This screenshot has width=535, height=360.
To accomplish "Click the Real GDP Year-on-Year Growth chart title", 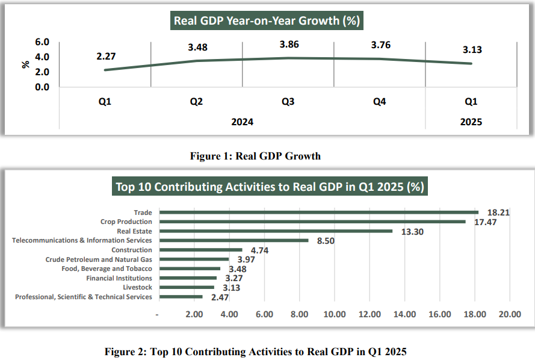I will click(x=267, y=21).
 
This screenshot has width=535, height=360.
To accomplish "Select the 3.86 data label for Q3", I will click(x=289, y=45).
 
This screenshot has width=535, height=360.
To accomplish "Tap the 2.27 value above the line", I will click(x=105, y=57).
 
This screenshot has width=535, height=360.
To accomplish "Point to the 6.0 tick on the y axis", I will click(x=42, y=42).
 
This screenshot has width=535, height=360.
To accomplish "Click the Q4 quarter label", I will click(x=379, y=102).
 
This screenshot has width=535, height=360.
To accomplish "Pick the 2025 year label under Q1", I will click(x=471, y=122).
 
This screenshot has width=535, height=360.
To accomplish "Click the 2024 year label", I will click(x=243, y=122).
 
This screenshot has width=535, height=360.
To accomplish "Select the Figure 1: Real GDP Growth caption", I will click(x=255, y=156).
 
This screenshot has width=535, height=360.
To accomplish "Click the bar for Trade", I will click(x=318, y=212).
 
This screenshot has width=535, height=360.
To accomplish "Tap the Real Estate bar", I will click(x=276, y=231).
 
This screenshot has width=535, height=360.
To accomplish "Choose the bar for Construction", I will click(x=200, y=250).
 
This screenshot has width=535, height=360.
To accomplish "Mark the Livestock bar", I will click(x=187, y=287).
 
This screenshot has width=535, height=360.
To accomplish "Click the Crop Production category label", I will click(x=126, y=222).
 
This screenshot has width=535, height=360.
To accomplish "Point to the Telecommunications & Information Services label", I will click(x=82, y=240).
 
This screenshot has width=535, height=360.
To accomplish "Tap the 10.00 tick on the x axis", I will click(x=334, y=314).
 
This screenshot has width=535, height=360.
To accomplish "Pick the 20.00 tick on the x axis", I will click(x=509, y=314).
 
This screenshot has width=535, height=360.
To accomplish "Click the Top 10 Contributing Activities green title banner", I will click(x=270, y=187).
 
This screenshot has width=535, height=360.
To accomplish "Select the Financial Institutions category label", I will click(x=119, y=278).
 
